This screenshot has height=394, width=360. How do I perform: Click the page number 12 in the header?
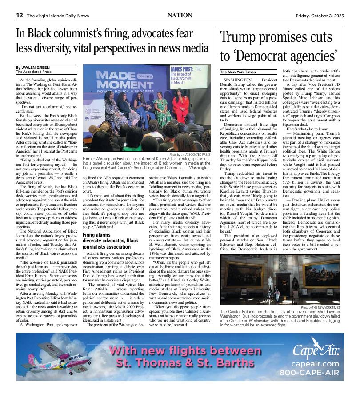(20, 15)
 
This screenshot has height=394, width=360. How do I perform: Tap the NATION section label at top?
(180, 15)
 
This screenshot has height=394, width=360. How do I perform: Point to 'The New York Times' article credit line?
(238, 72)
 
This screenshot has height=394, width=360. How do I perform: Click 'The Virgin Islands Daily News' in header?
(58, 16)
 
